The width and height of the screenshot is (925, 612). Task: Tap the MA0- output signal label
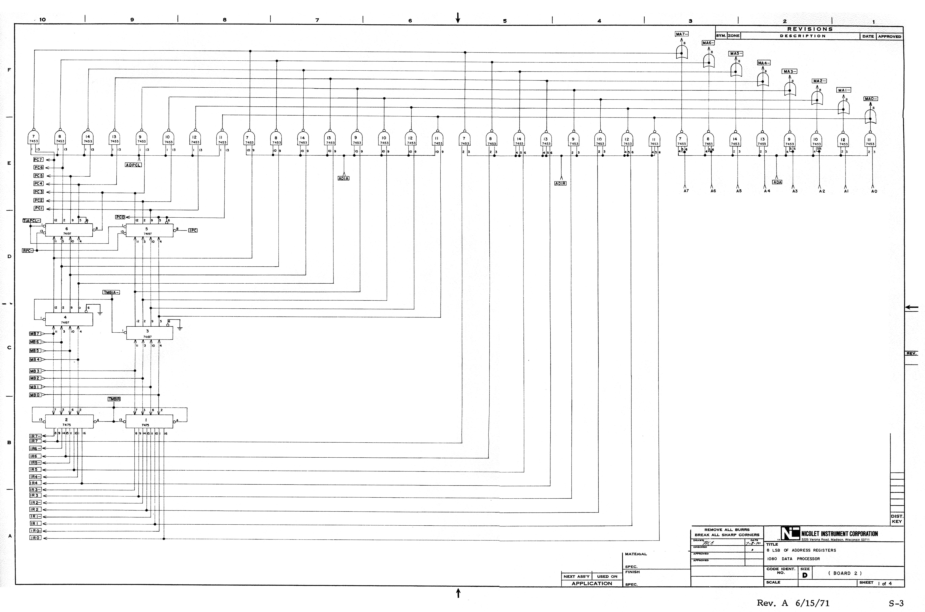coord(870,99)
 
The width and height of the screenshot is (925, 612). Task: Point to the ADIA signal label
coord(343,178)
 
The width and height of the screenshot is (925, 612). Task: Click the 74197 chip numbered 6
coord(69,230)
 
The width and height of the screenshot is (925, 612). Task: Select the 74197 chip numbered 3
coord(149,333)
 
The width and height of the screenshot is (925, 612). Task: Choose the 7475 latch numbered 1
coord(149,422)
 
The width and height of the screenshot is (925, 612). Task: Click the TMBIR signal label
coord(114,399)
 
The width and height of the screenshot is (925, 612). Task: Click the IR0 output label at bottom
coord(35,538)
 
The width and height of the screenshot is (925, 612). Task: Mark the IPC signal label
coord(193,230)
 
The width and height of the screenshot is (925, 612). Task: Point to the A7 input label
coord(686,191)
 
